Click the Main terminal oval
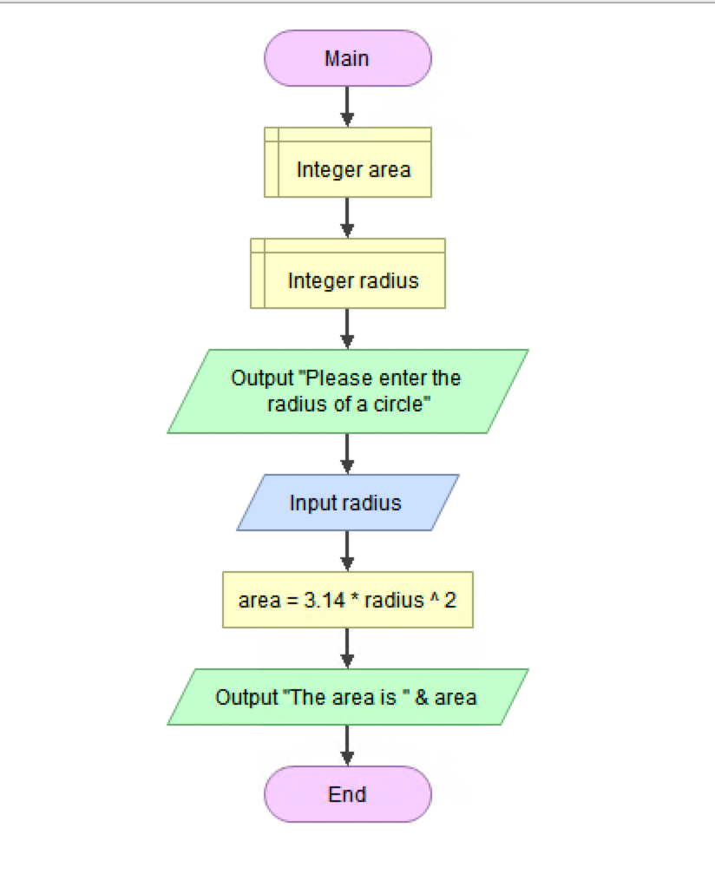point(347,58)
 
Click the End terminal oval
point(347,794)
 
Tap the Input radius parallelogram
point(347,503)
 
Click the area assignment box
point(347,600)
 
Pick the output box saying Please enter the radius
point(347,391)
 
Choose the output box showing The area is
point(347,697)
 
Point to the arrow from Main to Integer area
point(347,107)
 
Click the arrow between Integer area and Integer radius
point(347,218)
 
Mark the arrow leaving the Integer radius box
point(347,329)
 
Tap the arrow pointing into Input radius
point(347,454)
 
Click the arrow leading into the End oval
point(347,746)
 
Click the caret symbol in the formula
point(432,599)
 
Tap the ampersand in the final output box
point(422,697)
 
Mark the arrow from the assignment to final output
point(347,648)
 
